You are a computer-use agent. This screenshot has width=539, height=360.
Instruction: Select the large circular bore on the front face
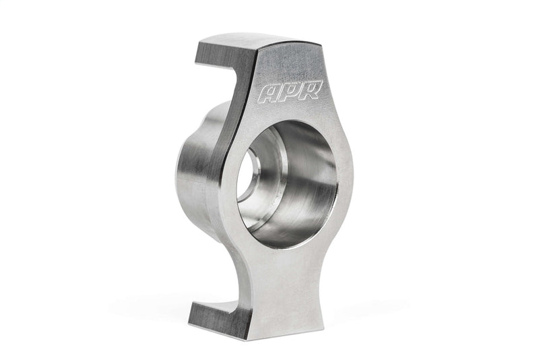[x=286, y=182]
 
